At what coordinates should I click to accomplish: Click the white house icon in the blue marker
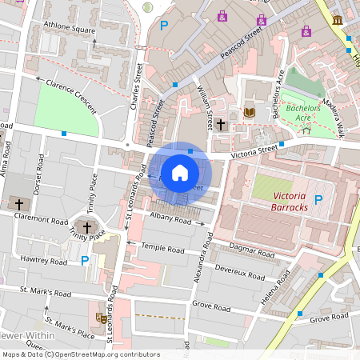180,173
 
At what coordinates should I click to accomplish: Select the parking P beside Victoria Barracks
318,199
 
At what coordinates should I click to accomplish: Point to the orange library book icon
248,113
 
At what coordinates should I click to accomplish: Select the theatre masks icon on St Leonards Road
102,318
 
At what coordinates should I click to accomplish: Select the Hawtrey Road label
44,262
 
